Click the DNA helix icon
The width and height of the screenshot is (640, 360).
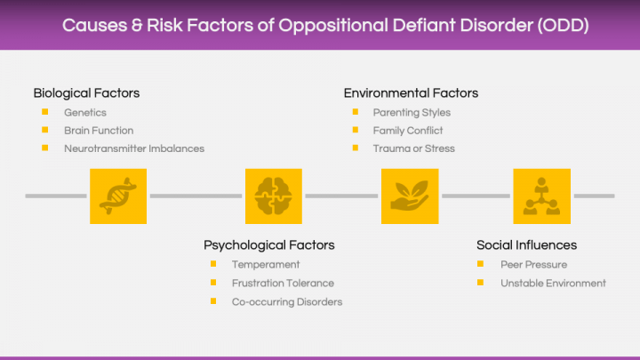118,196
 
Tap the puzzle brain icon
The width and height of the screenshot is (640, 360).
274,196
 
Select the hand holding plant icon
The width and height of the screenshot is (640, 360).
410,196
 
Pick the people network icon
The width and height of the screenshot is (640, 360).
541,196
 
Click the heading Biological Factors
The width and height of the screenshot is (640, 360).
86,93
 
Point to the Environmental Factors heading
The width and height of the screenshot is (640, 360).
411,93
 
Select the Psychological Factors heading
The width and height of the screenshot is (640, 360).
269,245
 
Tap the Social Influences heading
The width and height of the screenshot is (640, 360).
526,245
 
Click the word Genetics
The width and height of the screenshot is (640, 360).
85,113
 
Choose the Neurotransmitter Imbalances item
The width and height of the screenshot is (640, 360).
134,148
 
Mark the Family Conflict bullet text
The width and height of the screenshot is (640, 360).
408,131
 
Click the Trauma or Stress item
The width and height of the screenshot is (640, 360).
414,148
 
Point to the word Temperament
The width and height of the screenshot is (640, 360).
266,265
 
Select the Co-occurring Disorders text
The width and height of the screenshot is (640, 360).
287,302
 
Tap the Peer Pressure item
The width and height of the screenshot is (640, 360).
534,265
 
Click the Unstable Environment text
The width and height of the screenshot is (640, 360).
553,284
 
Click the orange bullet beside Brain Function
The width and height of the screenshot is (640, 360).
45,130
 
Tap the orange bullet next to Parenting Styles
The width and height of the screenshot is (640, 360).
355,112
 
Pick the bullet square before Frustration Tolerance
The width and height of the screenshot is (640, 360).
213,283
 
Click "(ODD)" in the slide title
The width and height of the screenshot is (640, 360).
564,25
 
